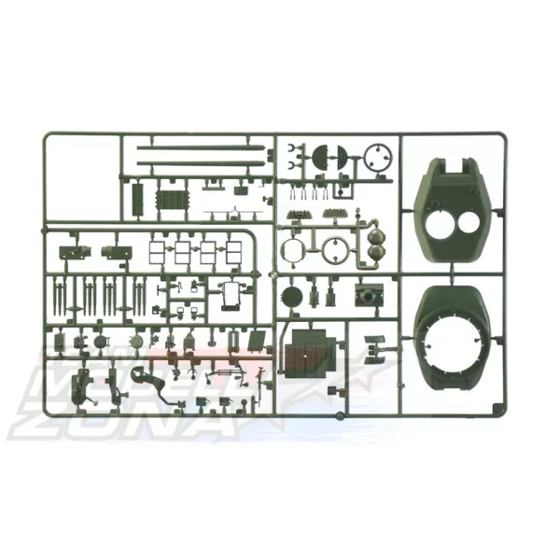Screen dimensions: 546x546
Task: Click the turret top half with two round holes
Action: coord(455,207)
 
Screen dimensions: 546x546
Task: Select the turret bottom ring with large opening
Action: coord(455,333)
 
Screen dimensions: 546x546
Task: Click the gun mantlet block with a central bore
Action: coord(370,296)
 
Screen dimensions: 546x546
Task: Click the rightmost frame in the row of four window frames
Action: coord(229,252)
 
